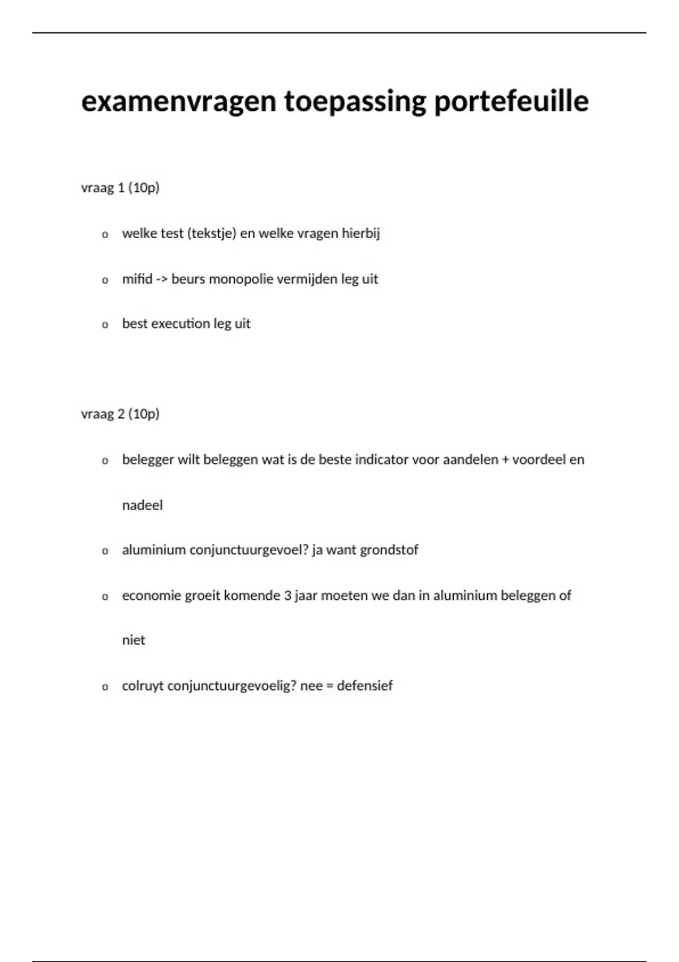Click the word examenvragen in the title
tap(179, 102)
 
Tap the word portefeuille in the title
tap(512, 102)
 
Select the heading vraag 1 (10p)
tap(120, 188)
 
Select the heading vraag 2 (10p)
tap(120, 414)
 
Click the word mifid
tap(137, 279)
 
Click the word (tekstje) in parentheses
tap(211, 234)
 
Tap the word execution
tap(181, 324)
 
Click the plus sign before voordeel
tap(505, 460)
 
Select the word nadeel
tap(142, 505)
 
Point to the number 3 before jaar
tap(287, 595)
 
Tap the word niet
tap(134, 640)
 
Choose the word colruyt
tap(143, 686)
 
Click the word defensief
tap(364, 686)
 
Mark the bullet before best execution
tap(105, 325)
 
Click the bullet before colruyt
tap(105, 688)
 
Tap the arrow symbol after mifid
tap(162, 280)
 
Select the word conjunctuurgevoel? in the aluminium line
tap(248, 550)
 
